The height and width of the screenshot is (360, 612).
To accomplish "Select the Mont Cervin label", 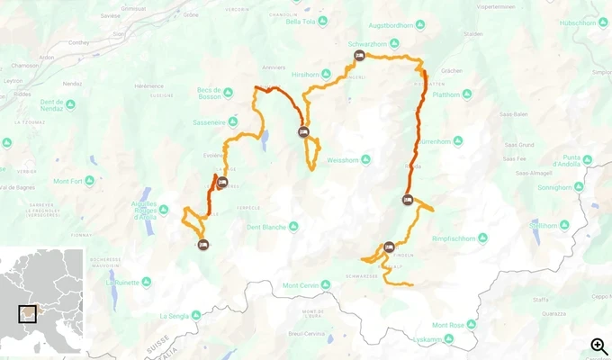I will pos(303,286).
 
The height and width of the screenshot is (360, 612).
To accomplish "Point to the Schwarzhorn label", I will pos(366,43).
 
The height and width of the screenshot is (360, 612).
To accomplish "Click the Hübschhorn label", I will pos(578,23).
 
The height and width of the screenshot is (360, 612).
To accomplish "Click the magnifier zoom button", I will pos(598,346).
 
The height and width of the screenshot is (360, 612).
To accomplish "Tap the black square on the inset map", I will pos(30,313).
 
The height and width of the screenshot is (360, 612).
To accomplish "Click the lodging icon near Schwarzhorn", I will pos(359,56).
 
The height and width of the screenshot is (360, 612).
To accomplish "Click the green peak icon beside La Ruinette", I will pos(147,282).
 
